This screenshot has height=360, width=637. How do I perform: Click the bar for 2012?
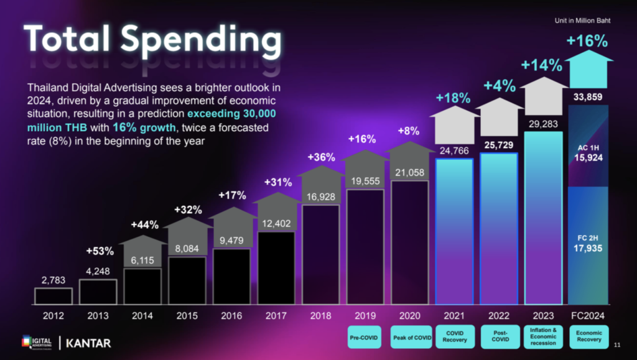click(x=53, y=296)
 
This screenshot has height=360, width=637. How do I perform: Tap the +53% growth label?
click(x=100, y=251)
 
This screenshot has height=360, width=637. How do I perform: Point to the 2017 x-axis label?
click(x=276, y=316)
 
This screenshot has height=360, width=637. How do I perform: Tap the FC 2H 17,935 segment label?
click(x=588, y=244)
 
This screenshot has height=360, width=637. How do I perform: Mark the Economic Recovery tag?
click(x=588, y=336)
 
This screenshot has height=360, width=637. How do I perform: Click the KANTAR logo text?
click(x=89, y=343)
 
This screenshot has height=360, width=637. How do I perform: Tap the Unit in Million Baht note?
click(x=582, y=21)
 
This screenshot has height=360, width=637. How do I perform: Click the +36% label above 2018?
click(x=320, y=157)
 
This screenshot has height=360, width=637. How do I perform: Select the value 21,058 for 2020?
click(x=410, y=172)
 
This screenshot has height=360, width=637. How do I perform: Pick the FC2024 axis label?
click(x=588, y=316)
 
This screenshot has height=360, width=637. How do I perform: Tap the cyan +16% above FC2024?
click(x=587, y=42)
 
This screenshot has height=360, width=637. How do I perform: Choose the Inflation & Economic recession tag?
click(x=544, y=336)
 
